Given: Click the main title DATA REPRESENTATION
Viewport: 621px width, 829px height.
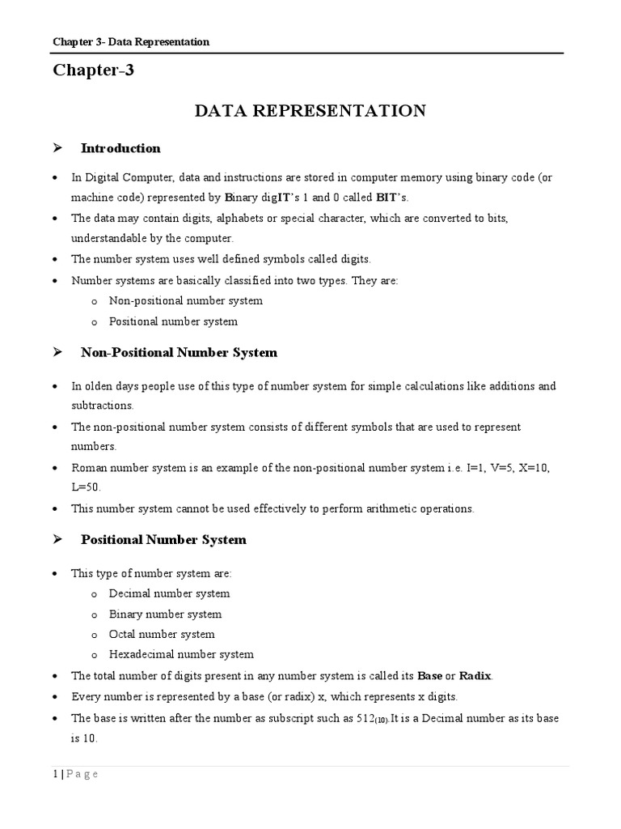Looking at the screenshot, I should pos(310,111).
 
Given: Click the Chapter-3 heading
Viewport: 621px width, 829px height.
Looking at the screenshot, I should pos(93,70).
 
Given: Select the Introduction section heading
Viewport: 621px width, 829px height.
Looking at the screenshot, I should pos(120,148).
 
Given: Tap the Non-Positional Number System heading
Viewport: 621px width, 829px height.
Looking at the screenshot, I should pos(179,352).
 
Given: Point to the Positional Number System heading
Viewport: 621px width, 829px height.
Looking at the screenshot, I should pos(163,539).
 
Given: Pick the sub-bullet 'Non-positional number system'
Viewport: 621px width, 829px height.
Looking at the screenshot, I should pos(185,300).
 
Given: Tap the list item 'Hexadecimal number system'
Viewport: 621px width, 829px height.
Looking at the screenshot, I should pos(181,654).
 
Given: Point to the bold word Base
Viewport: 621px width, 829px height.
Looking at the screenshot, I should pos(428,675).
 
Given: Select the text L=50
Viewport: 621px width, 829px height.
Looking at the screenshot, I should pos(86,487).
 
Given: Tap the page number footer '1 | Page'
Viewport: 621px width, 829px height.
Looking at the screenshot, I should pos(75,774).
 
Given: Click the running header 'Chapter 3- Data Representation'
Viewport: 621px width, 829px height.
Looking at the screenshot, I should pos(131,42).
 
